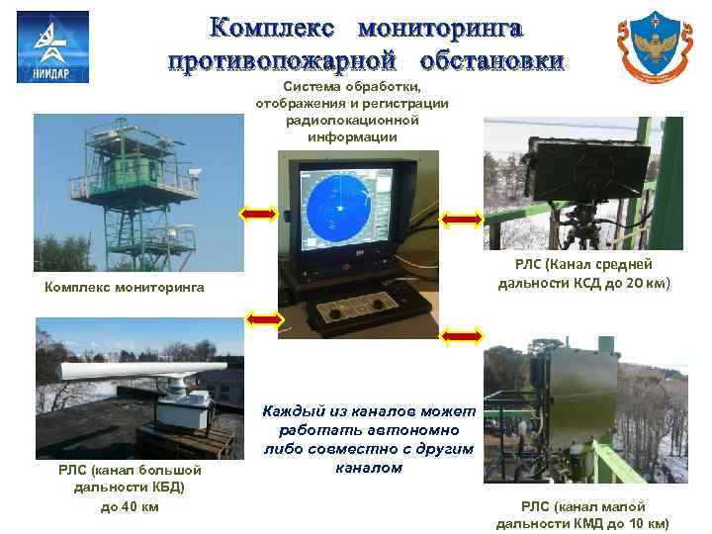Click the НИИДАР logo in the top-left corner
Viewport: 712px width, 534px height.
[x=52, y=46]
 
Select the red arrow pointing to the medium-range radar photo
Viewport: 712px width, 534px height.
[x=461, y=219]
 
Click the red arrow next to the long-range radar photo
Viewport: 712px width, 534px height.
[x=264, y=318]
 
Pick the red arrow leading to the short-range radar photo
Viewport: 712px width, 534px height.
[x=462, y=337]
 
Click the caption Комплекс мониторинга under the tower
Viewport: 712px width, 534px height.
[x=125, y=288]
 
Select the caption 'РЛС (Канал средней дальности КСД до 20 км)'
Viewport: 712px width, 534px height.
[x=583, y=274]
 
